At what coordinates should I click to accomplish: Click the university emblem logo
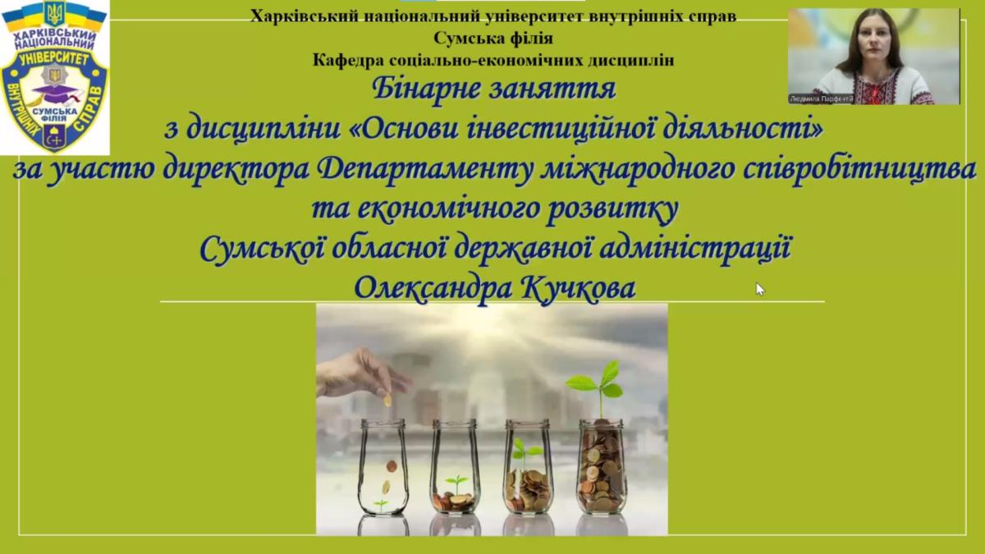tap(54, 77)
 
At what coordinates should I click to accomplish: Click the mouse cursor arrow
tap(760, 289)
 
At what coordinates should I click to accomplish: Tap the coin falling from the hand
tap(387, 401)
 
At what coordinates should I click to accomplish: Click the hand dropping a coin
tap(363, 373)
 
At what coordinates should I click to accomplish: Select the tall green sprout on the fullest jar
tap(598, 387)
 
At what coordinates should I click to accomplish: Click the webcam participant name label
tap(822, 99)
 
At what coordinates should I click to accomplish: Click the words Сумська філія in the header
tap(493, 39)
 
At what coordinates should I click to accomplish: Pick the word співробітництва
tap(859, 170)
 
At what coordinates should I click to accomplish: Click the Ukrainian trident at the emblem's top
tap(54, 13)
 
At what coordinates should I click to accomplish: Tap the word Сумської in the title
tap(262, 249)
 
